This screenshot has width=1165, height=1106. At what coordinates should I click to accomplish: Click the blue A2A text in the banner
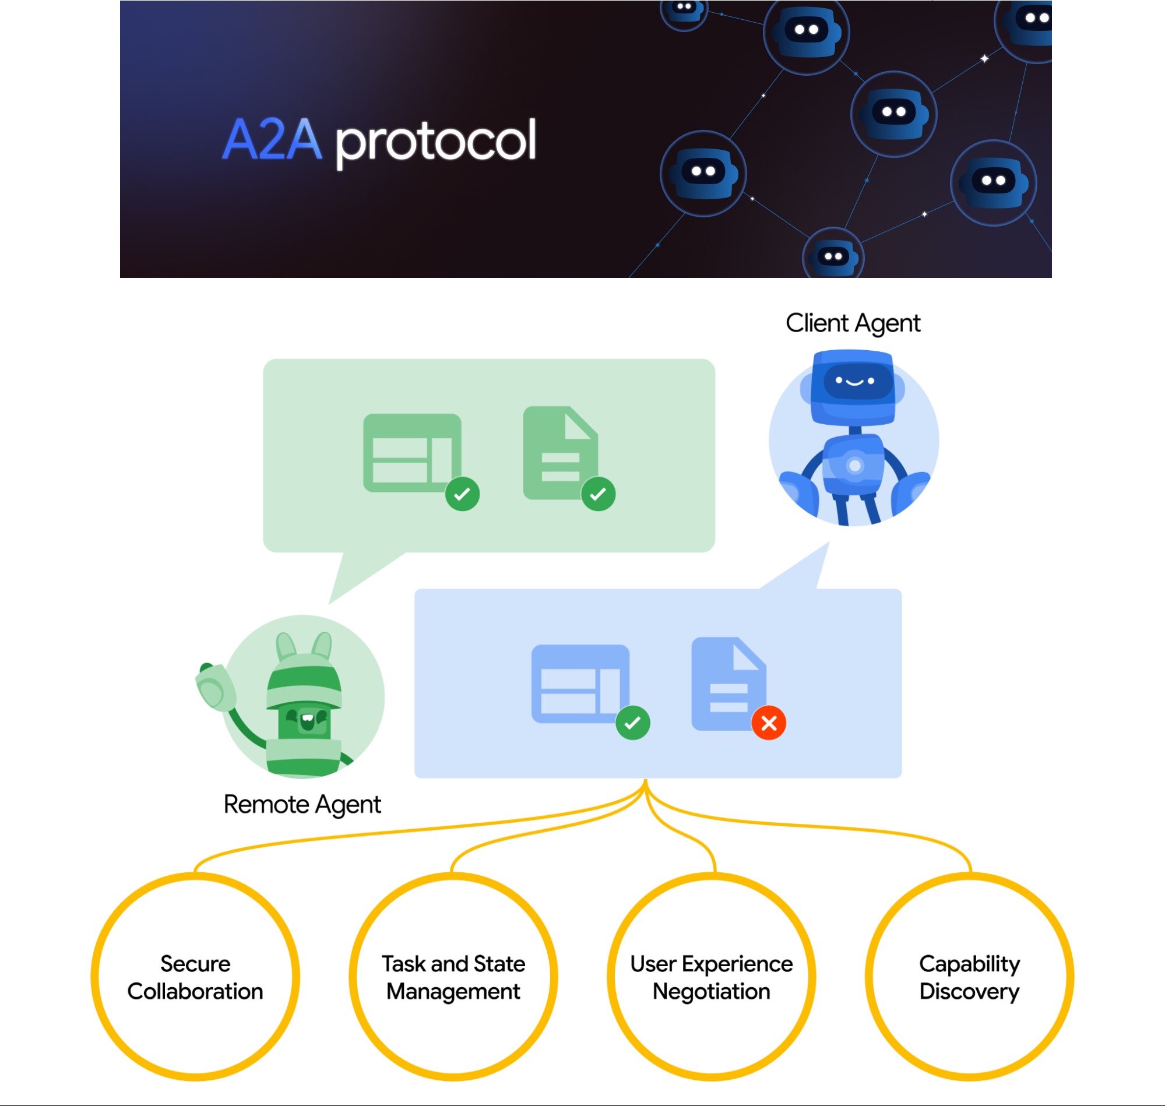coord(272,140)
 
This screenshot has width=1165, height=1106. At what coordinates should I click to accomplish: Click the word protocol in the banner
coord(436,142)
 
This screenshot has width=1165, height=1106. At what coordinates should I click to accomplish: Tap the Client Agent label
coord(853,323)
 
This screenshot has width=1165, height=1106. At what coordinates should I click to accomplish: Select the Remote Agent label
coord(302,804)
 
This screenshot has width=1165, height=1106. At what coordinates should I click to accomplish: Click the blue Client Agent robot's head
coord(852,383)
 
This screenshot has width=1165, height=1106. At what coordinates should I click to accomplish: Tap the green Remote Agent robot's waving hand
coord(215,686)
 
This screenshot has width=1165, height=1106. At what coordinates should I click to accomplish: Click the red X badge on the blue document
coord(768,723)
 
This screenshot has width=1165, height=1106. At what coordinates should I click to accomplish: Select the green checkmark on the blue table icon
coord(632,723)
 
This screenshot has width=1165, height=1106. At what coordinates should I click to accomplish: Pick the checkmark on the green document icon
coord(598,494)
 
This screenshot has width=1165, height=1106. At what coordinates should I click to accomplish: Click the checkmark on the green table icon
coord(462,494)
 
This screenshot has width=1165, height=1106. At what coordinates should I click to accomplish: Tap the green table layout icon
coord(411,452)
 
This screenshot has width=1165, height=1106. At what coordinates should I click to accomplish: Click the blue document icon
coord(728,683)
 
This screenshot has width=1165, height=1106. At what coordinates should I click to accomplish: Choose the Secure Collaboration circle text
coord(195,977)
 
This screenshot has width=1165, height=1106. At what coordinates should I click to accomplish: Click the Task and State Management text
coord(453,977)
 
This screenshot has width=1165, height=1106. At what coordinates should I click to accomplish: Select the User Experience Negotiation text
coord(711,977)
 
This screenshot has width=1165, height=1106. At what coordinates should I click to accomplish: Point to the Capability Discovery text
coord(969,977)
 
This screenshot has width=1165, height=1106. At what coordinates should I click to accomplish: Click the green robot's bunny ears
coord(304,646)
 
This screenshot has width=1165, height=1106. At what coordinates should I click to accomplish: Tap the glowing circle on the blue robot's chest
coord(854,466)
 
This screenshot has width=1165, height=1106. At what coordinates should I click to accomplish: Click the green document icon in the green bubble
coord(560,453)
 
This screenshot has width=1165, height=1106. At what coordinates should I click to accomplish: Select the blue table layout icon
coord(580,684)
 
